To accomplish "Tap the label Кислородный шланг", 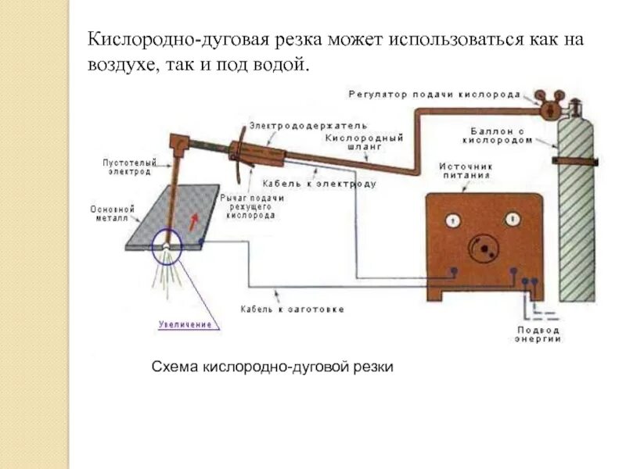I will (x=354, y=141).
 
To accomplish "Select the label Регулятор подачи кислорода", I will (x=434, y=94).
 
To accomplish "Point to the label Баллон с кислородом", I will (x=502, y=135).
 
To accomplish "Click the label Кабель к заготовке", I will (x=292, y=310).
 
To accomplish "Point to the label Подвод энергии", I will (x=538, y=334).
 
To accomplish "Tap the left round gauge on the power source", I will (x=452, y=220).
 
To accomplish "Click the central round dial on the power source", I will (x=482, y=248).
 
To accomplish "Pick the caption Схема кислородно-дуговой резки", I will (x=272, y=366).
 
